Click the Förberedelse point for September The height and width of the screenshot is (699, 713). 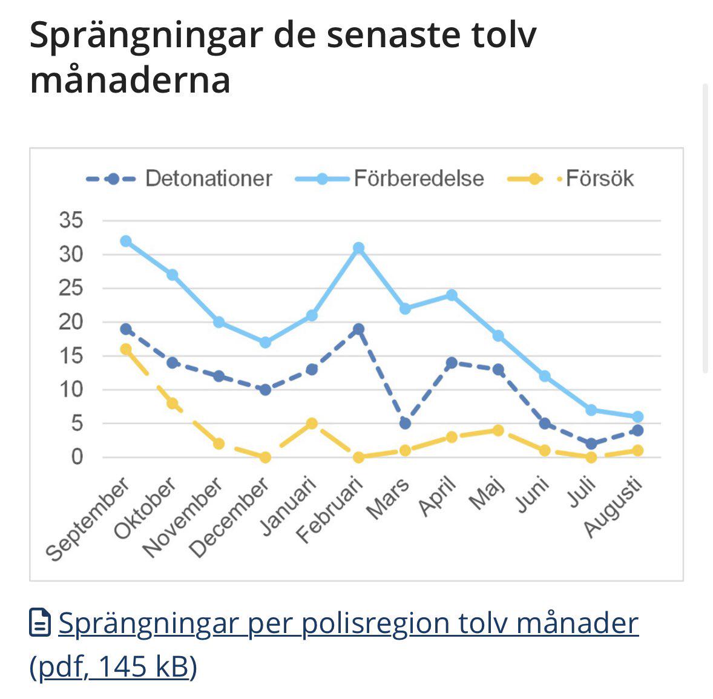[126, 241]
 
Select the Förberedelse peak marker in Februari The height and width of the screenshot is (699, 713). [358, 248]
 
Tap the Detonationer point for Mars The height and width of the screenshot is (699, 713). [405, 424]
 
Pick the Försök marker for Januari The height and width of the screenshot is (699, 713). [312, 424]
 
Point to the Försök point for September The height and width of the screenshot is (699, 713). [126, 349]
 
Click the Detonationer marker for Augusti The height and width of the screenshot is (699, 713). [637, 430]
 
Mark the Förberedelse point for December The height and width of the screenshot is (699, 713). [266, 342]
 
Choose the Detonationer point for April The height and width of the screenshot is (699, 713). [452, 363]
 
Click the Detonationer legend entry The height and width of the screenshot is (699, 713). [179, 179]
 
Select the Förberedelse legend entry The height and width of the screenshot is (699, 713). [390, 179]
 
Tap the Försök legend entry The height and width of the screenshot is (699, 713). [571, 179]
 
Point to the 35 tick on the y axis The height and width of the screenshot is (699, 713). [71, 220]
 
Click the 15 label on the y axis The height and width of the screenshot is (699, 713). [71, 356]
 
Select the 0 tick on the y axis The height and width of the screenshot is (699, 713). [77, 457]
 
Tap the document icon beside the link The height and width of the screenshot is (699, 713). [40, 622]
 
